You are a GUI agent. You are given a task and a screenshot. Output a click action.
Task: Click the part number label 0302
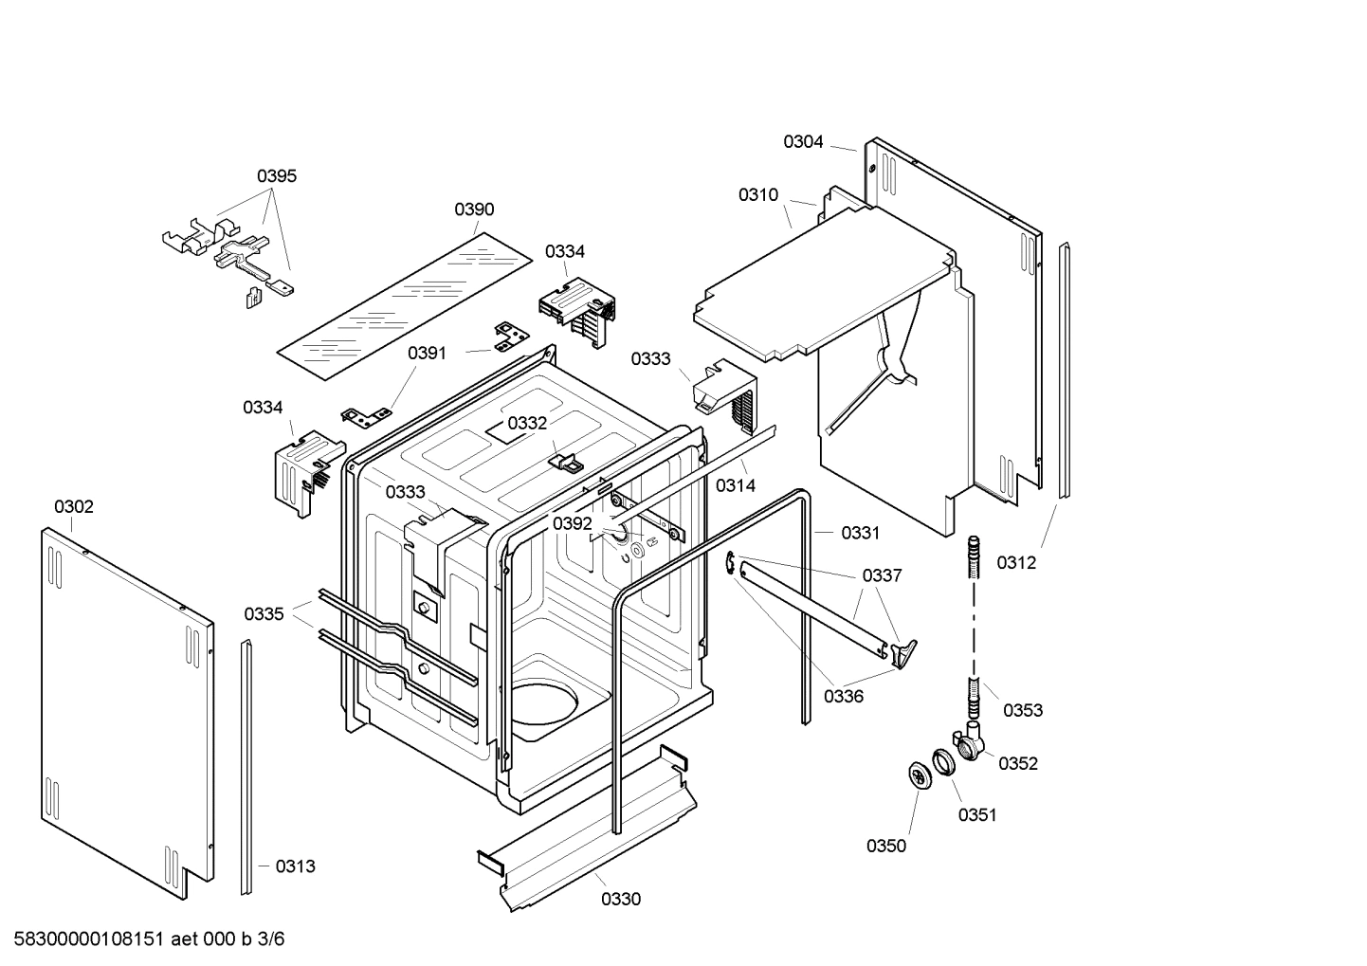pos(73,507)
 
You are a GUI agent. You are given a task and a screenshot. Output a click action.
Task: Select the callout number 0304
pos(802,142)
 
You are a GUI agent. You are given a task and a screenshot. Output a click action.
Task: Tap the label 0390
pos(474,210)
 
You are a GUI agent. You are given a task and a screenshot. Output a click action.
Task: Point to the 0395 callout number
pos(277,175)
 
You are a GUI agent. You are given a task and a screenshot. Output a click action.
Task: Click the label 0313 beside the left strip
pos(295,866)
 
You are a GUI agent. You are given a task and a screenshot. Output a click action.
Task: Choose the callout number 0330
pos(621,899)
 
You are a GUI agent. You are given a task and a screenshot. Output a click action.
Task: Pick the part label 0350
pos(885,846)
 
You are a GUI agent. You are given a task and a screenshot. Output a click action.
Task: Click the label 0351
pos(976,814)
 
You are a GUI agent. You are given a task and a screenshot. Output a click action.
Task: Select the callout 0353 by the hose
pos(1022,710)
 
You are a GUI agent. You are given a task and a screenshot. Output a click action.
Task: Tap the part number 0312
pos(1015,562)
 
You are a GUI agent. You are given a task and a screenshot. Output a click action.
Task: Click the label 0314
pos(735,485)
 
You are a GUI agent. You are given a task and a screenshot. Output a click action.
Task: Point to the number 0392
pos(573,523)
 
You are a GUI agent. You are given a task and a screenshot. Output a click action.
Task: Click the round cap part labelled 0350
pos(920,775)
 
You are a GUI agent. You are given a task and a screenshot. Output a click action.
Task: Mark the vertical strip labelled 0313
pos(247,768)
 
